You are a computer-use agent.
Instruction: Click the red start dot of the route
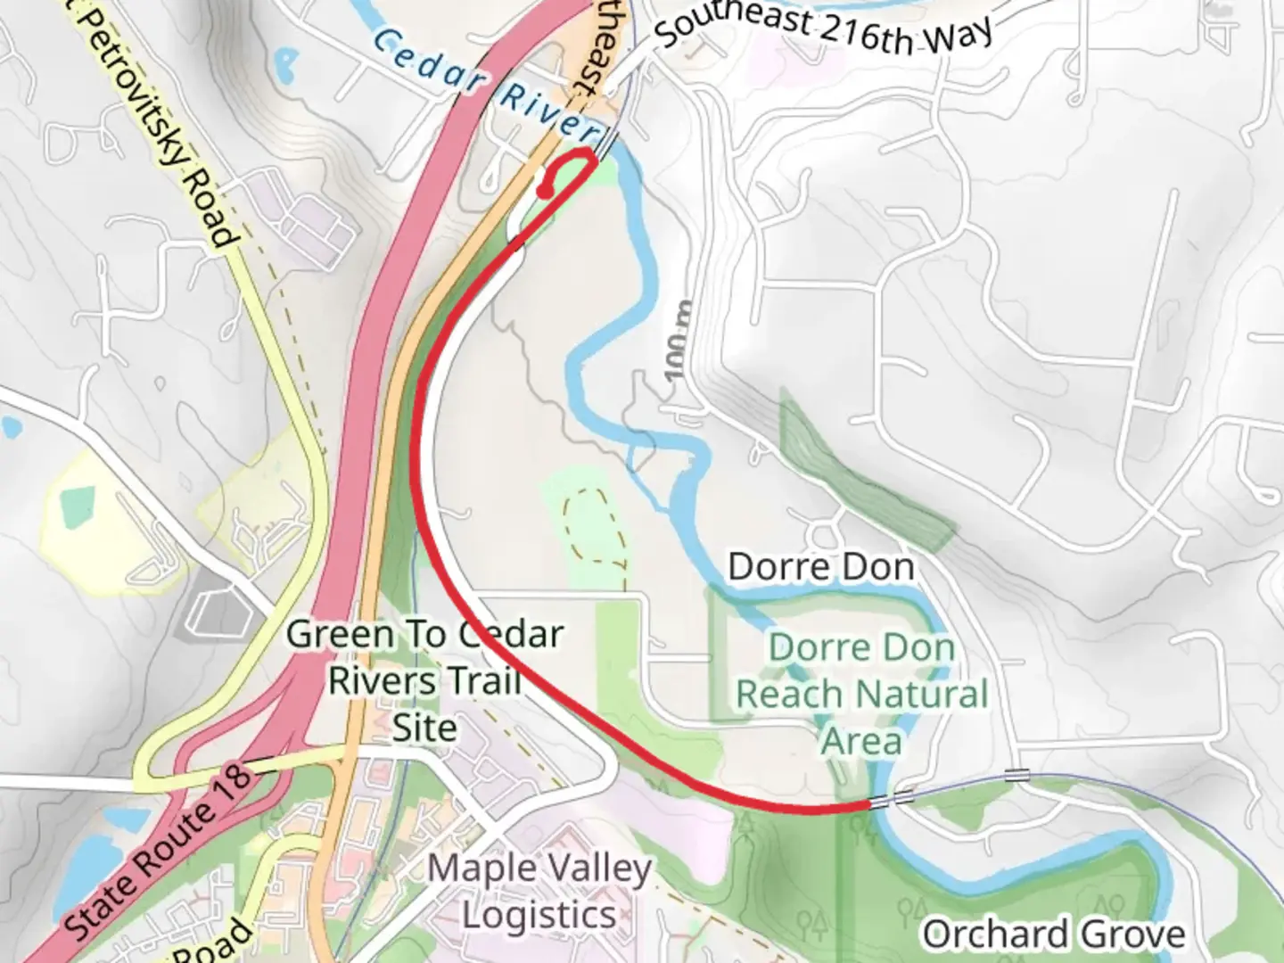[x=544, y=190]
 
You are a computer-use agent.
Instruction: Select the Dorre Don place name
[x=821, y=567]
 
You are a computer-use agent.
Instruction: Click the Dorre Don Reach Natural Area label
[x=861, y=694]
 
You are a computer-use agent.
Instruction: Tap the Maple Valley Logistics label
[x=539, y=891]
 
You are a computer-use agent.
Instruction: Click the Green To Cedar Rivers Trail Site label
[x=424, y=681]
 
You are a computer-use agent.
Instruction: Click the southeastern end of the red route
[x=867, y=804]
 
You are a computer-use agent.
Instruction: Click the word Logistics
[x=539, y=916]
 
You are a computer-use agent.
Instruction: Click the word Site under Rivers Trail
[x=424, y=728]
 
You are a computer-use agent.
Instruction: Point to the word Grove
[x=1132, y=934]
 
